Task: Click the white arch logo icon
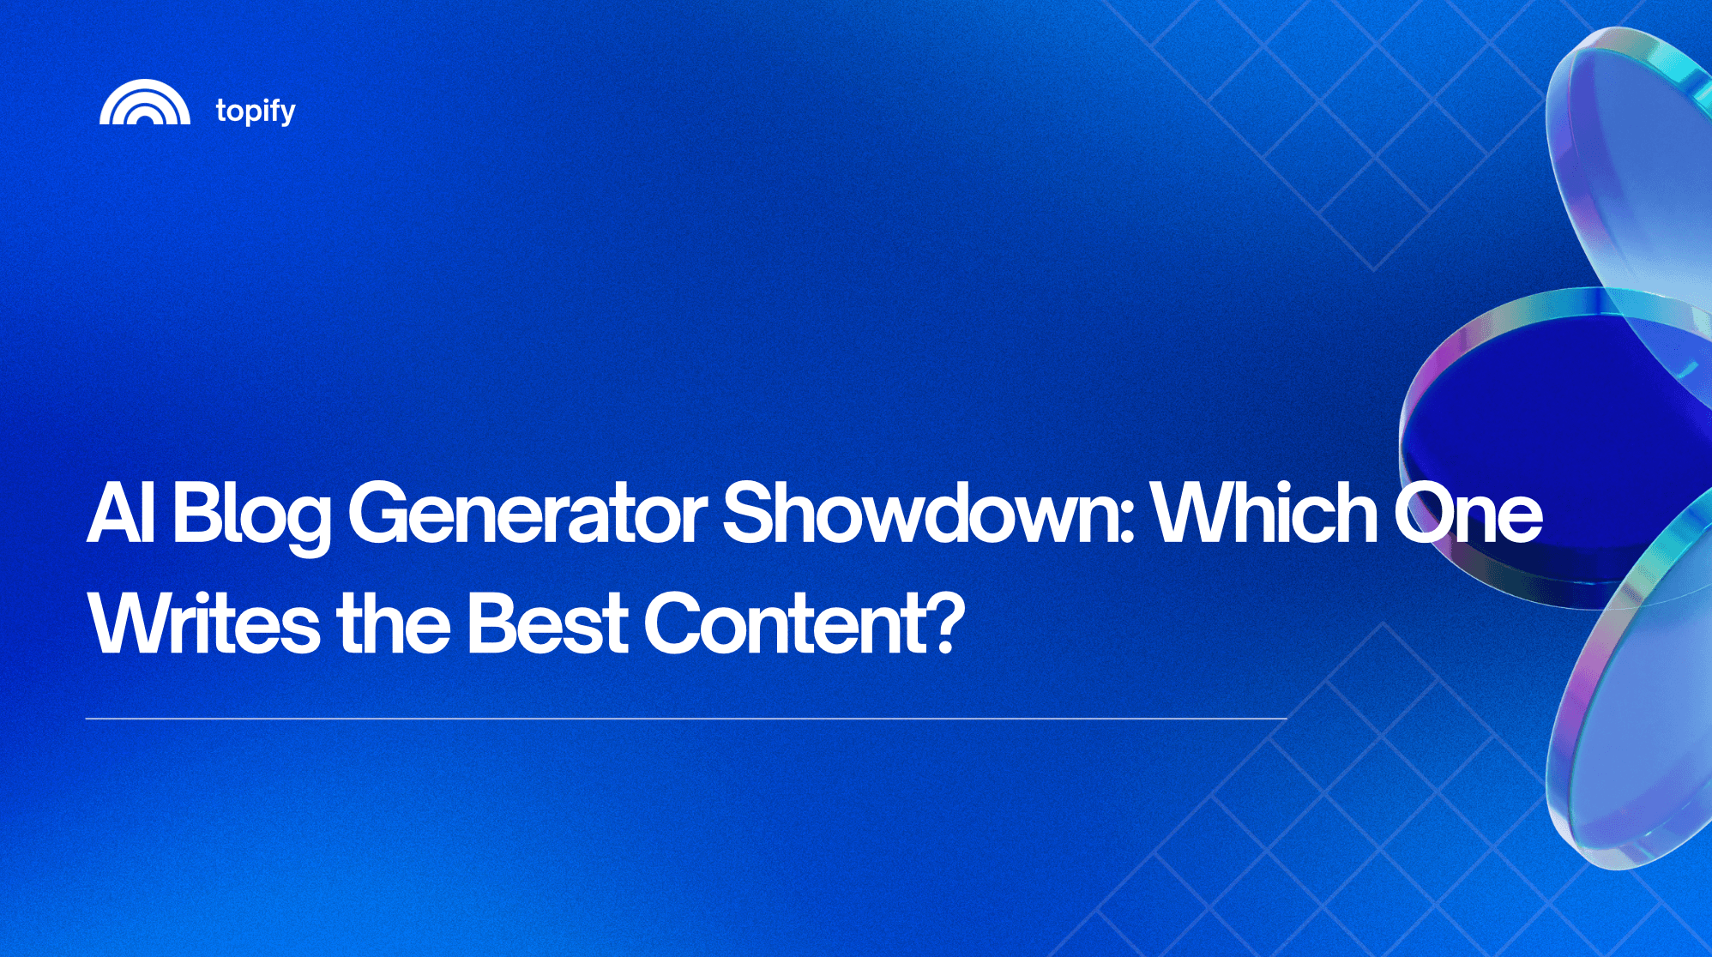click(144, 103)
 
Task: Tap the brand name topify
click(256, 111)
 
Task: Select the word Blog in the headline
click(251, 515)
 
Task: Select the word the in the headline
click(394, 623)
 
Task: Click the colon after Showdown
click(1127, 523)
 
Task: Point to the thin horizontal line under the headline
click(686, 719)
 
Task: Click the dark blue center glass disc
click(1544, 429)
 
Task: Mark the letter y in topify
click(287, 114)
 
